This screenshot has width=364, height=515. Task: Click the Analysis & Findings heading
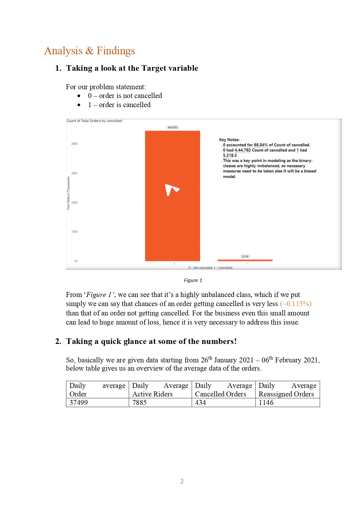(89, 51)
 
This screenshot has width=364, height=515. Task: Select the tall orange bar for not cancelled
(172, 223)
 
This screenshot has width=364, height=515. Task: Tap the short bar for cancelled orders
(245, 260)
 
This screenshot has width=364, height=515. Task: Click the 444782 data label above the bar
(172, 127)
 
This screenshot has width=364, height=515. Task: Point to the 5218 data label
(245, 256)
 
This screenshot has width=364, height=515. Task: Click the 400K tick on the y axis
(75, 144)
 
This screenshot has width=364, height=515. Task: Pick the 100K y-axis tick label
(75, 232)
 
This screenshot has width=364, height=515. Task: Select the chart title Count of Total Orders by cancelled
(94, 121)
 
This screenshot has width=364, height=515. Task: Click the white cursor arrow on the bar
(172, 190)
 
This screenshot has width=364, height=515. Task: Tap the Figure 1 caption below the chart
(193, 280)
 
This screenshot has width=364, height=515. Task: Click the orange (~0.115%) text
(296, 304)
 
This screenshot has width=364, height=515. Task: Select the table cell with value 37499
(79, 403)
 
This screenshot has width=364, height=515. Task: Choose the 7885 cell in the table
(139, 403)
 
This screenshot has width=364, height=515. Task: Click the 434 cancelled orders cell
(200, 403)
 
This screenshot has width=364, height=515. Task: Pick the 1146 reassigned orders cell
(266, 403)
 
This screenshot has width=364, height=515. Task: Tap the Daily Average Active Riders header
(160, 390)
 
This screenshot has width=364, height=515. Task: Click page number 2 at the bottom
(182, 481)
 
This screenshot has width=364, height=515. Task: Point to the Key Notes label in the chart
(230, 140)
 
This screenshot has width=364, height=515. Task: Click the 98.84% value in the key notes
(260, 145)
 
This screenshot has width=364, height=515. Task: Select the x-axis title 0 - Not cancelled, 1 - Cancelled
(210, 268)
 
